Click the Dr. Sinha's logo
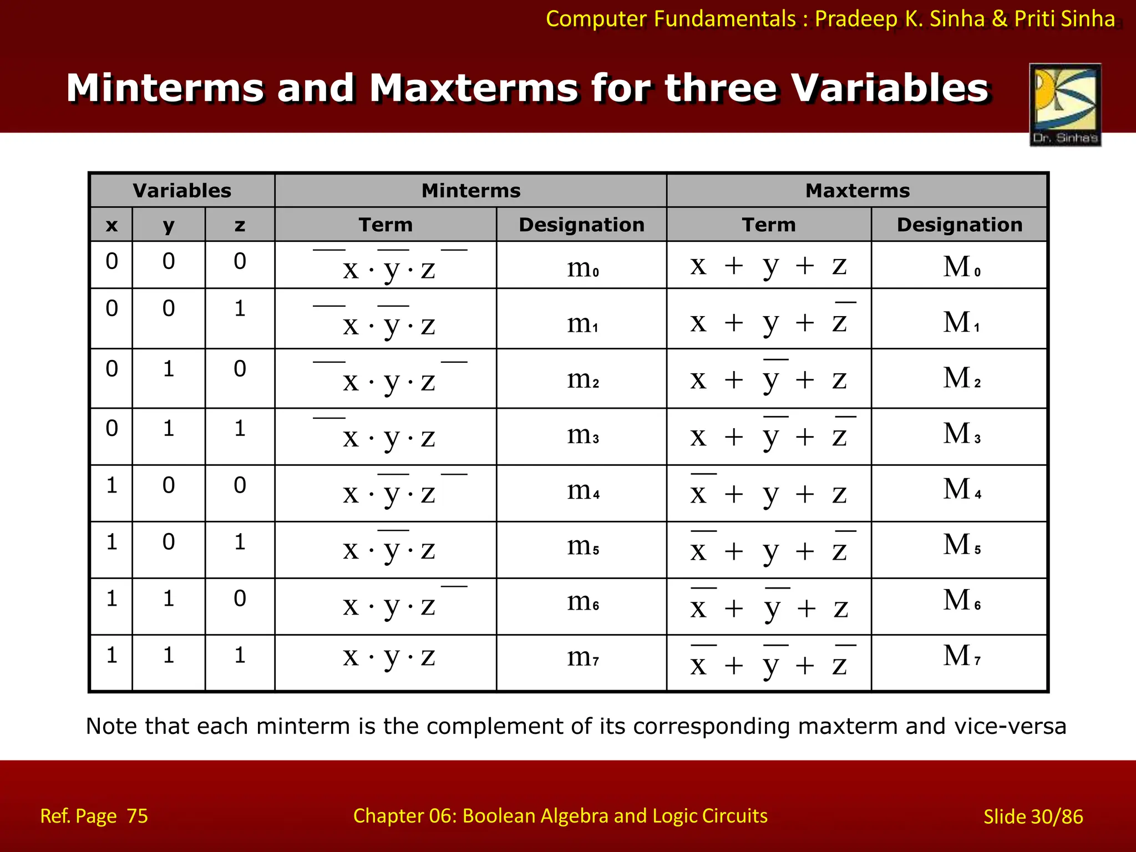[1065, 104]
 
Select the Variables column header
[182, 191]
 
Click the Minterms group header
[471, 191]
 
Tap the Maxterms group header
[858, 191]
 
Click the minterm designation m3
[582, 436]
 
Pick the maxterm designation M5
[962, 546]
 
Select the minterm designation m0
[582, 268]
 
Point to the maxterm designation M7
[962, 657]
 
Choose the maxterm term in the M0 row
[768, 266]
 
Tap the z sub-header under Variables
[240, 225]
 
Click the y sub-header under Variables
[169, 225]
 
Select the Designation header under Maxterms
[960, 225]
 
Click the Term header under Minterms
[386, 225]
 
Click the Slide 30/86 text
[1033, 816]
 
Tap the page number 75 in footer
[137, 816]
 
